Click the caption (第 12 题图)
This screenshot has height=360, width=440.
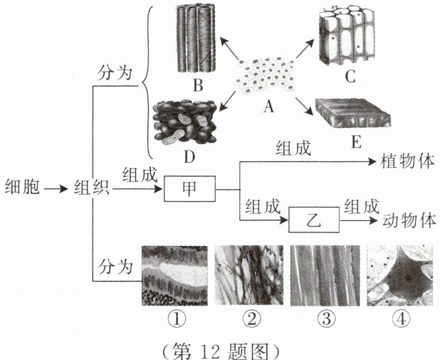[220, 347]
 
